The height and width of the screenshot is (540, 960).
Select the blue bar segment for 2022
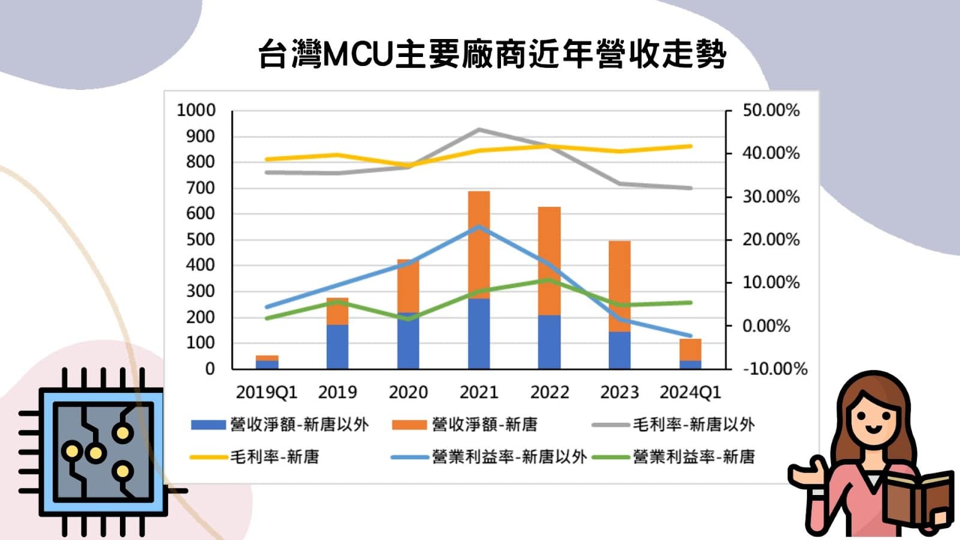[549, 342]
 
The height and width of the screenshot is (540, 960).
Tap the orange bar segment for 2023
[619, 286]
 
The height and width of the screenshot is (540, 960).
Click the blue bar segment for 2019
[337, 347]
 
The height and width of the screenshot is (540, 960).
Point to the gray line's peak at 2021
[479, 130]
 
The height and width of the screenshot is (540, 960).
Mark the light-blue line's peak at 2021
[479, 227]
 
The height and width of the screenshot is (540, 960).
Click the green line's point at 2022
[549, 280]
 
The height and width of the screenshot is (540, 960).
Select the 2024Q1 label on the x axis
[690, 392]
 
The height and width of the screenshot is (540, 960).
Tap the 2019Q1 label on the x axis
[266, 392]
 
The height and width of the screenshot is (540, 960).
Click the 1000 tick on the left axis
[196, 110]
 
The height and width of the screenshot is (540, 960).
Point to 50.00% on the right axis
[770, 110]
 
